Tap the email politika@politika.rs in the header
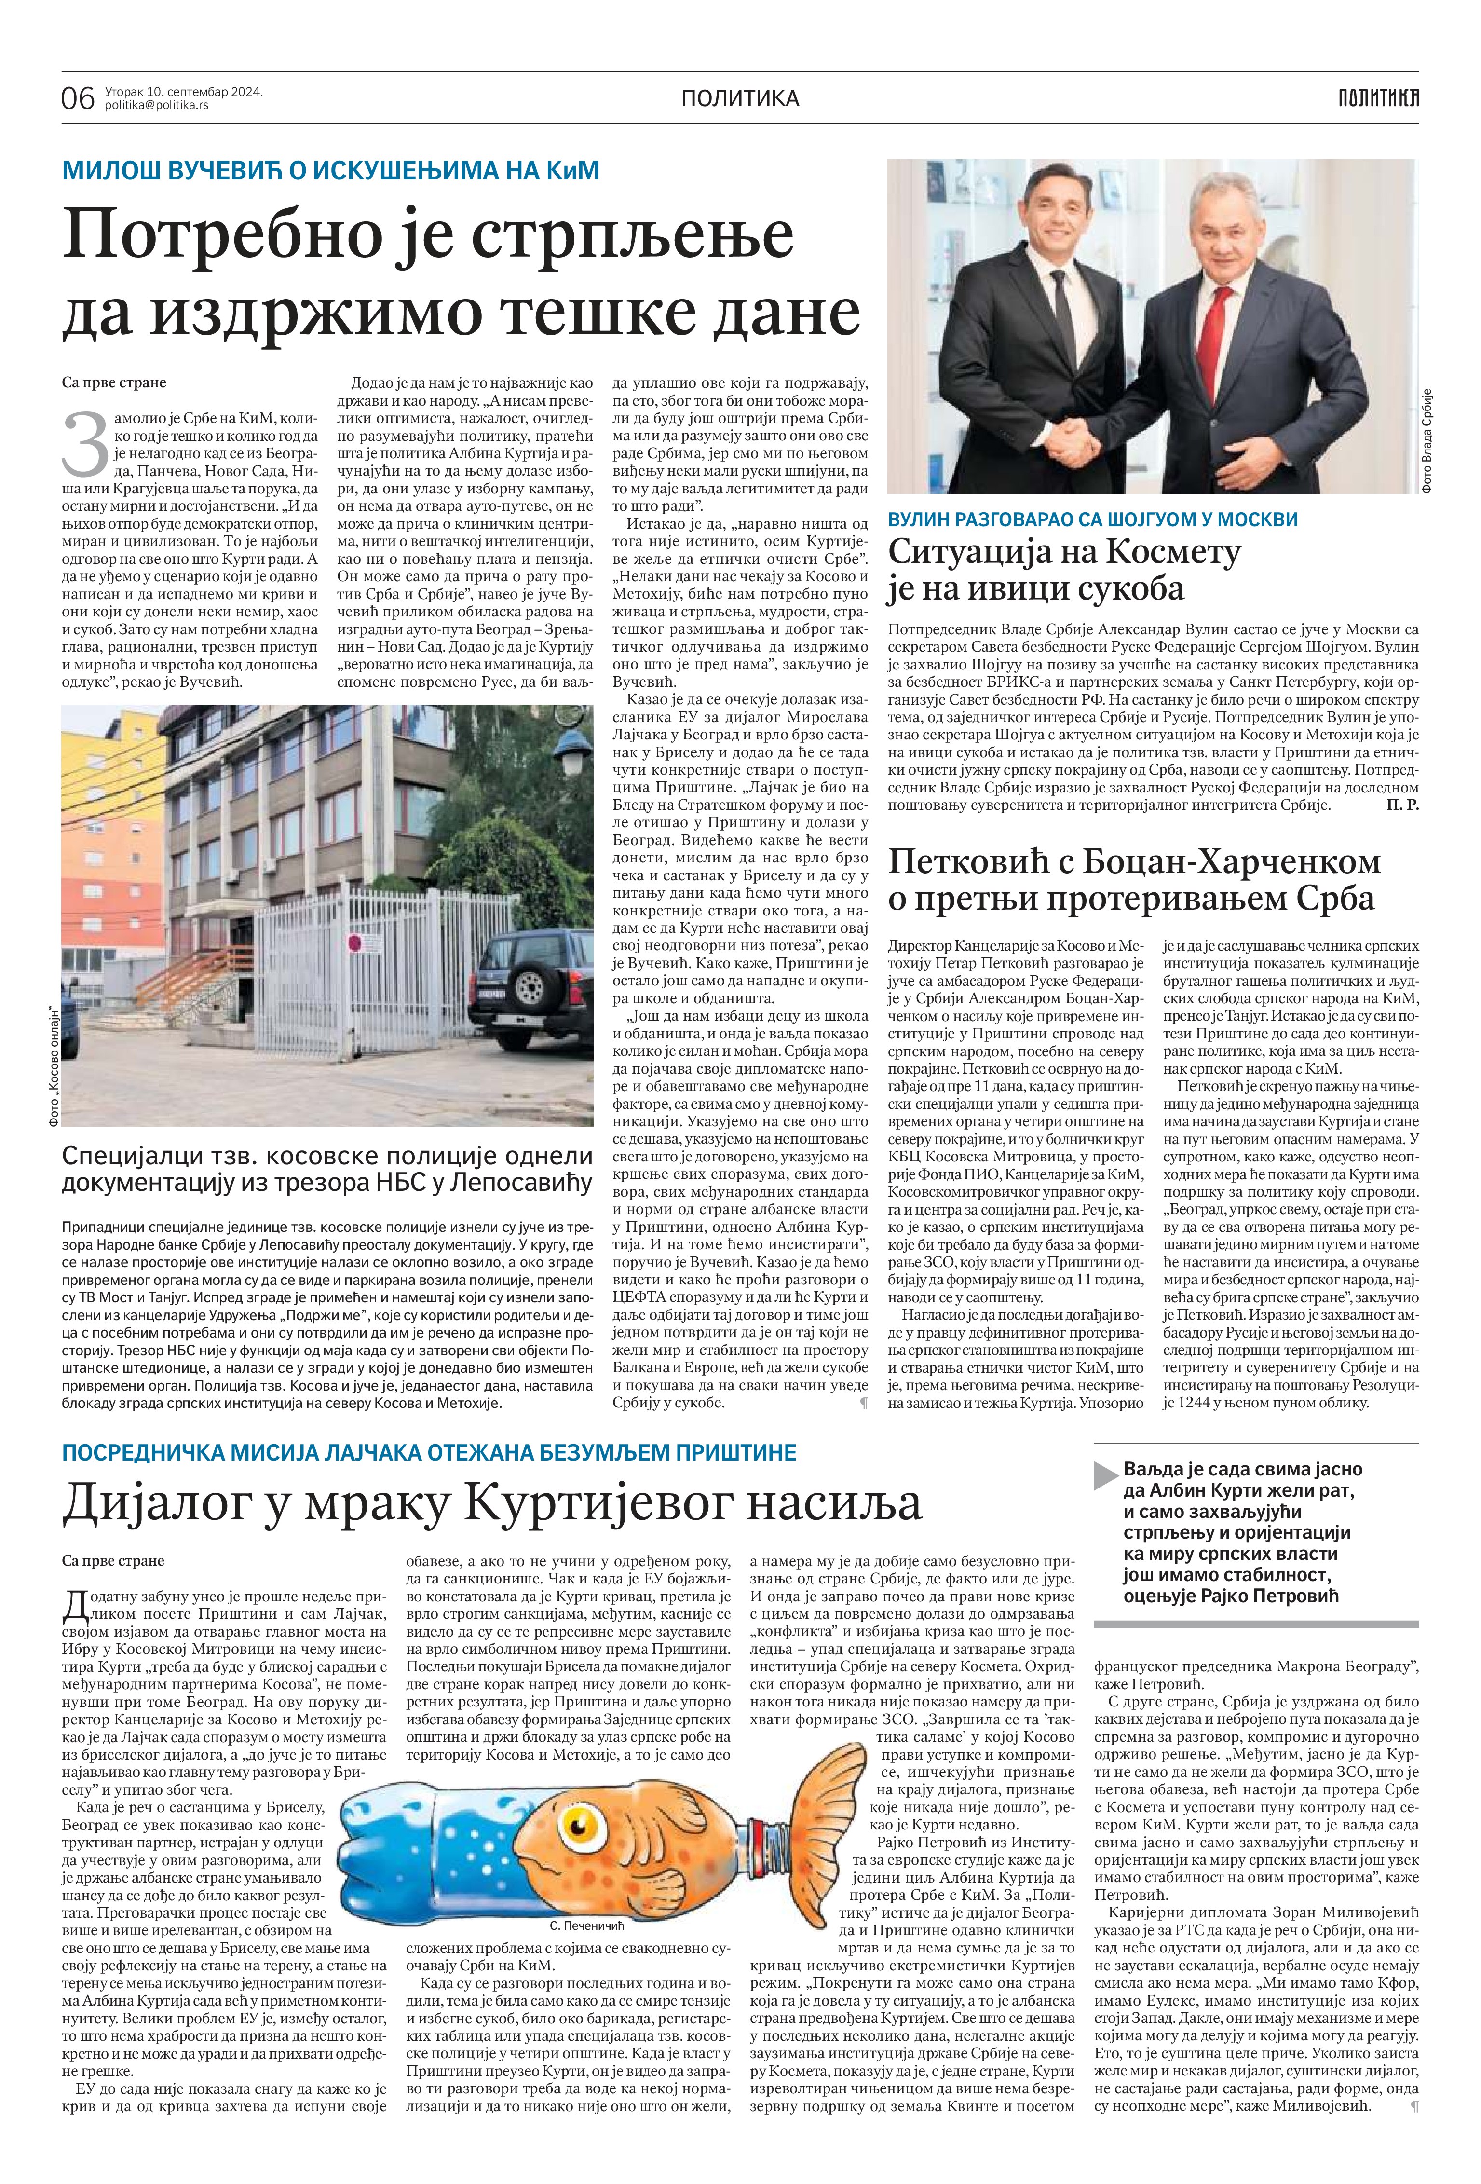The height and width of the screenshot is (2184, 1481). point(157,105)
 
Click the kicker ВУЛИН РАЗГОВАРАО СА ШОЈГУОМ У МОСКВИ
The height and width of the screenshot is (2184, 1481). point(1092,519)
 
